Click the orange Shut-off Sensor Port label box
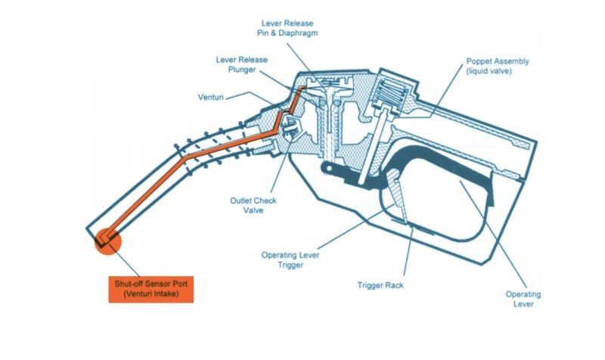pos(151,288)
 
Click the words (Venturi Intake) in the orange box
pos(151,294)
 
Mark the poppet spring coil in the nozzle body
pos(392,95)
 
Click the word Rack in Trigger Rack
pos(393,286)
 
